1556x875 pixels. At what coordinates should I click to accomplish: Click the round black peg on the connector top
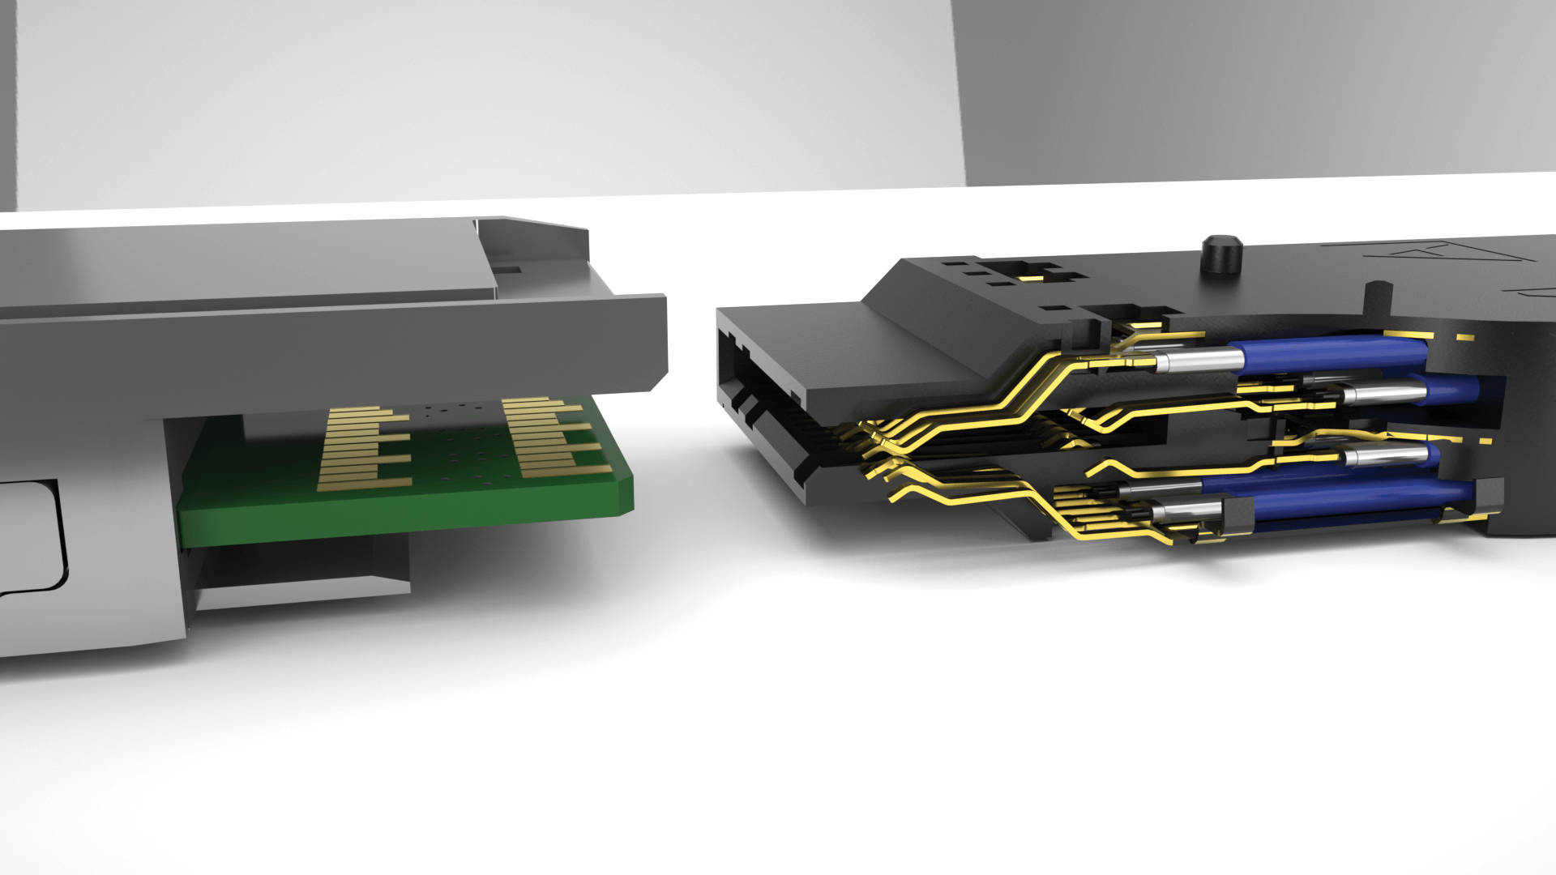coord(1222,254)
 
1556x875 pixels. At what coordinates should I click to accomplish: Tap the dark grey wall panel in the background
coord(1256,89)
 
